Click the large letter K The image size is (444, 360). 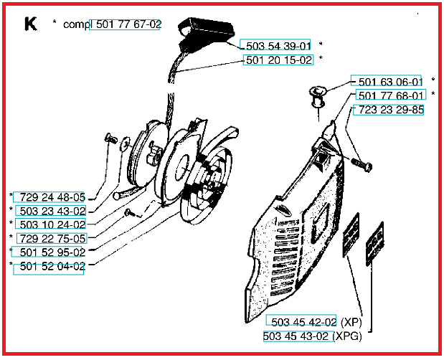tap(31, 24)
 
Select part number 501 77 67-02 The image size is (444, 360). tap(128, 24)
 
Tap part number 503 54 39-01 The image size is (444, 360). tap(278, 46)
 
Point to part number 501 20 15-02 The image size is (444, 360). tap(279, 60)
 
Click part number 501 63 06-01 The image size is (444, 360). tap(390, 82)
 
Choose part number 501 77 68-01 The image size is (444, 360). tap(391, 95)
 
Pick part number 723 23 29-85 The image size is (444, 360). tap(391, 110)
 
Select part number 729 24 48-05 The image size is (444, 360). tap(52, 197)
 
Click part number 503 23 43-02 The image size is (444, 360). tap(52, 211)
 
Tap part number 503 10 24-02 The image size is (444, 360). tap(52, 224)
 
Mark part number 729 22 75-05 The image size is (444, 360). tap(52, 239)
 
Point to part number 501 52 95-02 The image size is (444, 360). tap(52, 252)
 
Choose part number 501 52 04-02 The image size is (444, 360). tap(52, 266)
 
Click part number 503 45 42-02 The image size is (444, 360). tap(304, 322)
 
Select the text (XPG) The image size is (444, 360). tap(347, 336)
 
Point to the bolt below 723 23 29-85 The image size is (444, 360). tap(362, 165)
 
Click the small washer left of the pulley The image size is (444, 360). tap(124, 144)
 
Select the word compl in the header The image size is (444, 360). tap(77, 25)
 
